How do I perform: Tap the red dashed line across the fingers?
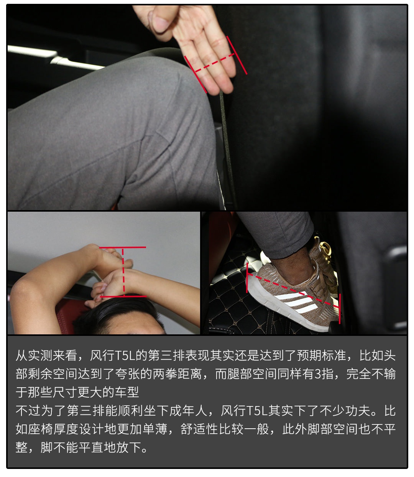(215, 63)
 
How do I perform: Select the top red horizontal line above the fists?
(123, 247)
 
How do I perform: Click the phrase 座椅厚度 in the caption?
(53, 429)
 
